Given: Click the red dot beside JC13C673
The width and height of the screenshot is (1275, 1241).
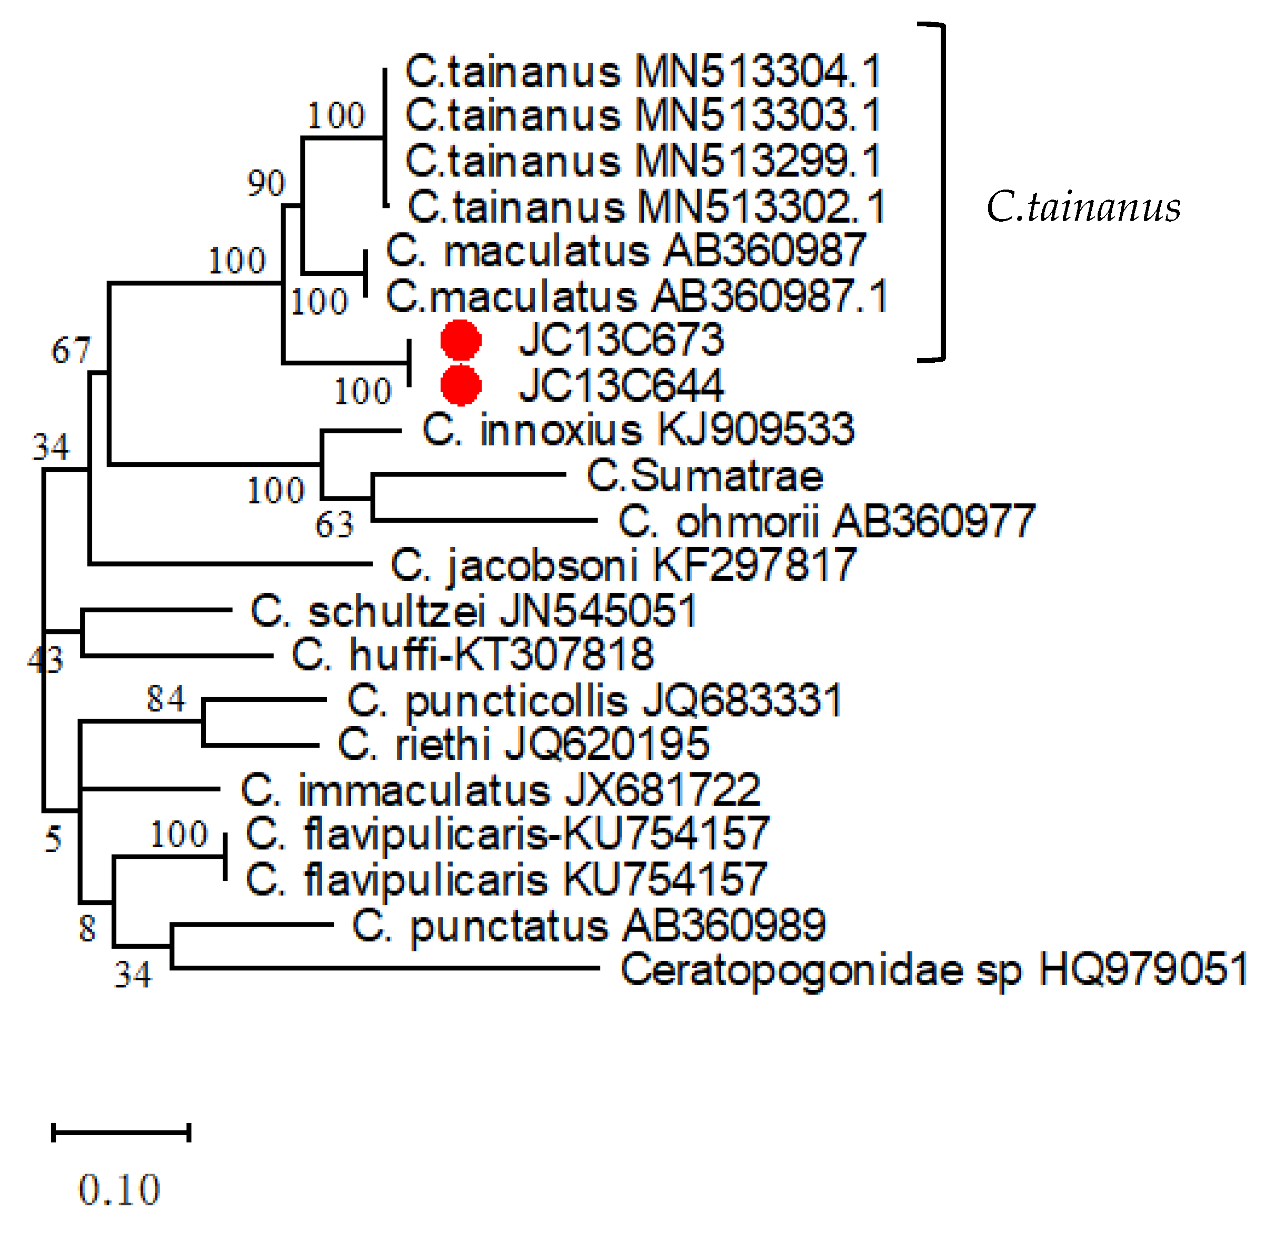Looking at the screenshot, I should click(461, 340).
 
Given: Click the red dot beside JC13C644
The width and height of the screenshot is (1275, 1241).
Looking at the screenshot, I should click(461, 385).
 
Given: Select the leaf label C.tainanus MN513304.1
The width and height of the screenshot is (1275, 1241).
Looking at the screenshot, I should click(642, 71).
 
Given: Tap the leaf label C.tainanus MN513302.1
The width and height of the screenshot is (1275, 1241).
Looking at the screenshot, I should click(645, 207).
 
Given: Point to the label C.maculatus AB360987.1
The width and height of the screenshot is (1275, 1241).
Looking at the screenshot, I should click(636, 296).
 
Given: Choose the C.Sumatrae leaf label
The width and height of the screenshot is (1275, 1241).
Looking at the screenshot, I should click(705, 476).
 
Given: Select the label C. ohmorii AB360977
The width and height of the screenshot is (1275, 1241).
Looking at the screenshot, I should click(825, 521).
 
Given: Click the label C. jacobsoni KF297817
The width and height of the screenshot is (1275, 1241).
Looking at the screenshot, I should click(622, 564).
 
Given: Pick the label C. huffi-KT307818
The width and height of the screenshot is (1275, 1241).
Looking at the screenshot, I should click(472, 654).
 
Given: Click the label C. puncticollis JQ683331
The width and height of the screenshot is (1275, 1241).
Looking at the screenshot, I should click(594, 701).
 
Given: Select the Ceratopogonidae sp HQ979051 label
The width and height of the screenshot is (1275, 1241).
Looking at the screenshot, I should click(933, 969).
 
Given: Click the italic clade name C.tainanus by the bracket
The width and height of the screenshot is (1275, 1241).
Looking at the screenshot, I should click(1082, 207).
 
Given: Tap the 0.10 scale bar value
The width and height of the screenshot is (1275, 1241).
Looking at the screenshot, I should click(119, 1189).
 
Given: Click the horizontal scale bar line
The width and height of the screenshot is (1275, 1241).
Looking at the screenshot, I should click(121, 1133).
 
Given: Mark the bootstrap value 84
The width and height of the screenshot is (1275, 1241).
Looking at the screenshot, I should click(165, 699).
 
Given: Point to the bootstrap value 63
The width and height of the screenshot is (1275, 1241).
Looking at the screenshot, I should click(334, 524).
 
